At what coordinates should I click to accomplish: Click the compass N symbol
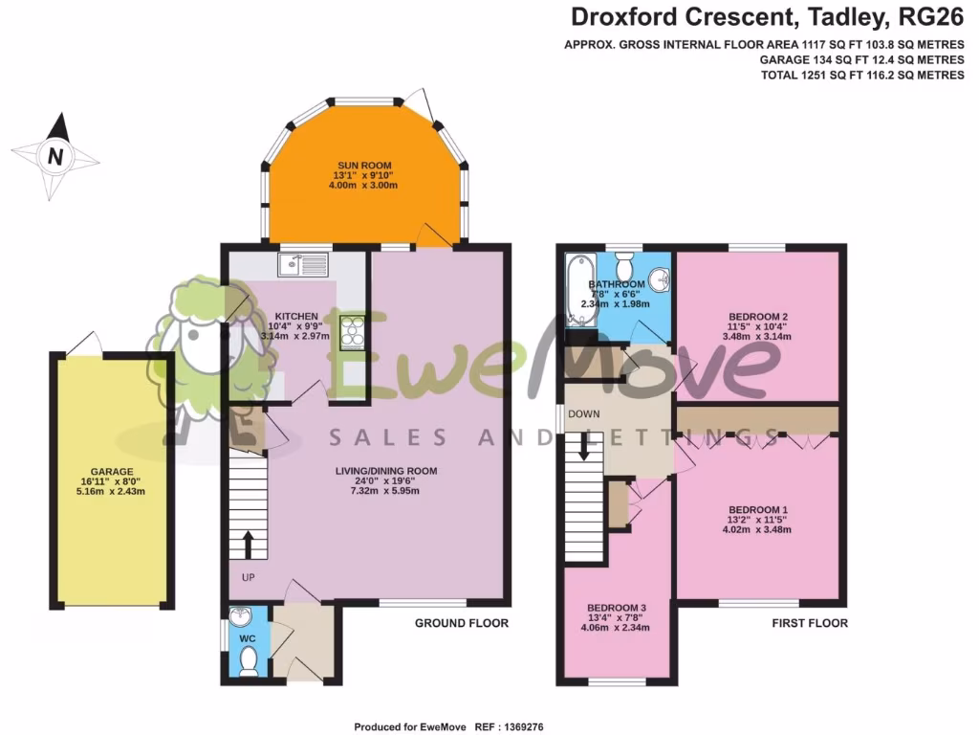point(55,156)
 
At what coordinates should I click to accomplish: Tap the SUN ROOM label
point(363,166)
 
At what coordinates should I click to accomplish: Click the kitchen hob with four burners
point(352,332)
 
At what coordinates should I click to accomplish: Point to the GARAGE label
point(111,472)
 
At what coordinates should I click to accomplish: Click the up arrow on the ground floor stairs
point(248,546)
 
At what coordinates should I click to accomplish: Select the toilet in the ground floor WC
point(250,659)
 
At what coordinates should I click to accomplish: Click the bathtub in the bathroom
point(579,290)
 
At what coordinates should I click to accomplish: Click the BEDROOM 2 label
point(758,317)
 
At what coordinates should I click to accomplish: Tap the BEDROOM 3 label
point(617,608)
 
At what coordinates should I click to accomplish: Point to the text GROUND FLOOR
point(461,623)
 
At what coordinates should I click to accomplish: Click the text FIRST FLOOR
point(810,623)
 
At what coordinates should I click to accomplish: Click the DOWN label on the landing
point(583,413)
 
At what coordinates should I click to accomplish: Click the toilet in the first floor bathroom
point(626,261)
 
